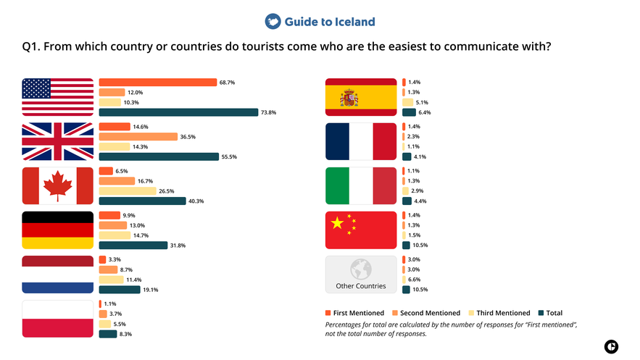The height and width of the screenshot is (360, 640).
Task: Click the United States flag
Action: (58, 97)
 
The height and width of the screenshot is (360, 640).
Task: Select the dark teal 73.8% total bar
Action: (178, 112)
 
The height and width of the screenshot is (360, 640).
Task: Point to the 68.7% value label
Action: (228, 83)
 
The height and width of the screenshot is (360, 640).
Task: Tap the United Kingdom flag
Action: (58, 141)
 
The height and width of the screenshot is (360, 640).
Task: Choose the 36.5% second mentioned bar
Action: (138, 137)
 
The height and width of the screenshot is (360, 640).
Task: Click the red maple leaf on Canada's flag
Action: (58, 186)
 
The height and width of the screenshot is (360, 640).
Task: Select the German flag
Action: (58, 230)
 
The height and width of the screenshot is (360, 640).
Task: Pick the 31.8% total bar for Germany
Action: (133, 246)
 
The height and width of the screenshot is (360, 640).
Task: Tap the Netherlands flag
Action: (58, 275)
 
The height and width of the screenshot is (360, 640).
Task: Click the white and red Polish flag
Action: (58, 319)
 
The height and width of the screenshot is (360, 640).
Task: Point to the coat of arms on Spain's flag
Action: (349, 98)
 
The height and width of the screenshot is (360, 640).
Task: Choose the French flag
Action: (361, 141)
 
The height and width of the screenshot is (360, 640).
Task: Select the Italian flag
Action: (361, 186)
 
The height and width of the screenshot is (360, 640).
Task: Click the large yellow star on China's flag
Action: (337, 223)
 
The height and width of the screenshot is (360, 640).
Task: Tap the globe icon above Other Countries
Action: (361, 269)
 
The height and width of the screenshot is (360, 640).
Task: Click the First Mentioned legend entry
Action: (353, 313)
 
